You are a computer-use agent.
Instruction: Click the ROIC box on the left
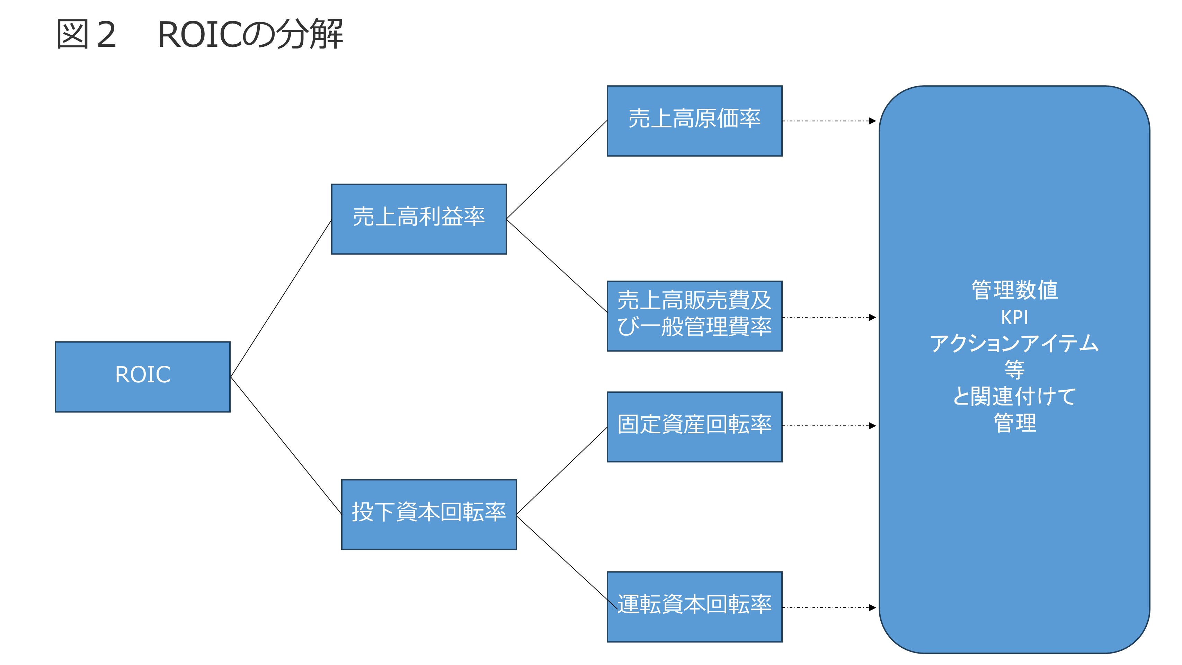tap(142, 376)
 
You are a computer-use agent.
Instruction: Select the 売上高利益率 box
tap(418, 219)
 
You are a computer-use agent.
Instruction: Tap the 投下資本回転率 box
tap(428, 514)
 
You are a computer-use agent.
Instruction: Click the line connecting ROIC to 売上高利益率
tap(281, 299)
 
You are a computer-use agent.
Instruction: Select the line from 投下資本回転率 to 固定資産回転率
tap(562, 471)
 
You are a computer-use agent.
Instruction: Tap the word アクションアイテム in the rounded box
tap(1014, 343)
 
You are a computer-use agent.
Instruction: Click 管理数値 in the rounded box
tap(1014, 290)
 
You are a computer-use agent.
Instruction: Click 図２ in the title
tap(86, 34)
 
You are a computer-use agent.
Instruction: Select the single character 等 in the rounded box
tap(1014, 370)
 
